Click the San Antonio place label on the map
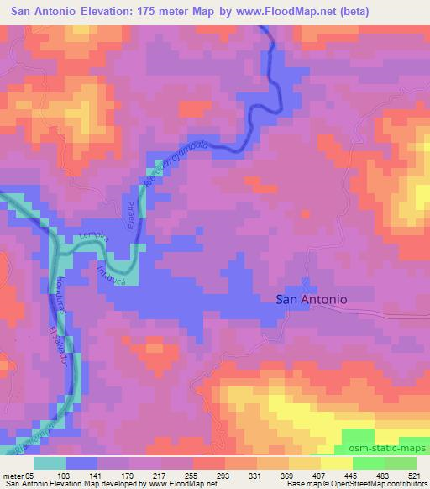(x=312, y=298)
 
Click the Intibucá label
(x=112, y=274)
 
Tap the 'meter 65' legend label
(x=18, y=476)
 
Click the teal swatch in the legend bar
(x=50, y=463)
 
